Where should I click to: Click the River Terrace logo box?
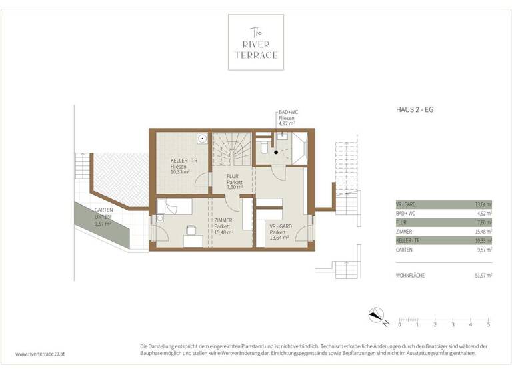click(x=255, y=41)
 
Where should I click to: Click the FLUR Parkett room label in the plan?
click(x=233, y=182)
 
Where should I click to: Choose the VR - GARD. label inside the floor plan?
click(x=282, y=230)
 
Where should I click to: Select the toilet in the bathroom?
click(x=264, y=148)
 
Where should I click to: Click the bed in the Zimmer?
click(x=175, y=208)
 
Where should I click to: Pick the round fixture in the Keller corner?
click(x=201, y=140)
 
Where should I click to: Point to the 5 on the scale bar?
click(x=489, y=324)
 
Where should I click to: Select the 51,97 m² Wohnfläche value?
click(x=480, y=275)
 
